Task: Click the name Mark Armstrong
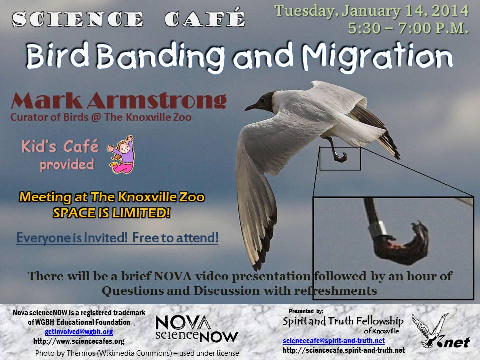point(119,100)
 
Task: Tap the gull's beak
point(251,107)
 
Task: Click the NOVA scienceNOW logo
point(196,329)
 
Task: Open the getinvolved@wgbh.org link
point(79,332)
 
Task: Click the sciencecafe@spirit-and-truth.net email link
point(333,341)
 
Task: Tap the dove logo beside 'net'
point(430,330)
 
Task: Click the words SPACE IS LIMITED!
point(111,213)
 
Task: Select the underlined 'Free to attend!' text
point(175,238)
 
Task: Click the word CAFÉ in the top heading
point(205,19)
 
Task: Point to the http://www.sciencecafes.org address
point(79,341)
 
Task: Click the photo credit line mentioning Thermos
point(137,353)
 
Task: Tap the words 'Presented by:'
point(306,311)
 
